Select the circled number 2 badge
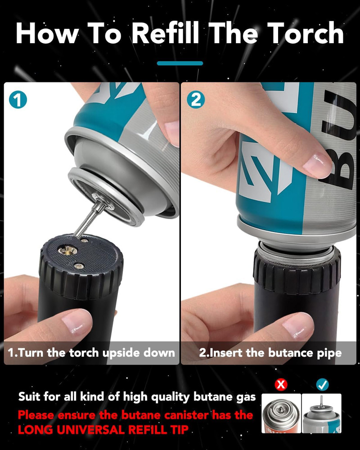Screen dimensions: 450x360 pos(196,100)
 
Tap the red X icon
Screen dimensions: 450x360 pos(281,384)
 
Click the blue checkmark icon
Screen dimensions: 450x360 pos(322,384)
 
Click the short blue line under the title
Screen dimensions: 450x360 pos(180,63)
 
